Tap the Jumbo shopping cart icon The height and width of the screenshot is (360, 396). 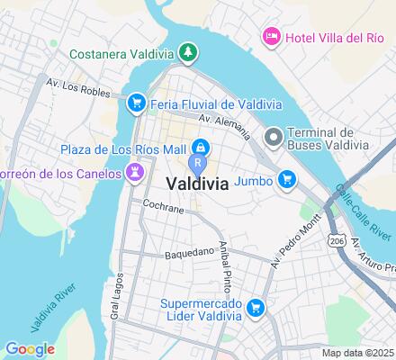[287, 180]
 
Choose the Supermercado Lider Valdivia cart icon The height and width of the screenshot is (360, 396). [256, 308]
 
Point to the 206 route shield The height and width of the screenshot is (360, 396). [337, 241]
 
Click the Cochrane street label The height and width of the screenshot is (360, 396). [163, 209]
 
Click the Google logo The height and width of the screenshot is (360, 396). [30, 349]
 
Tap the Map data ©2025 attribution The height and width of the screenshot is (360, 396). [358, 353]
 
